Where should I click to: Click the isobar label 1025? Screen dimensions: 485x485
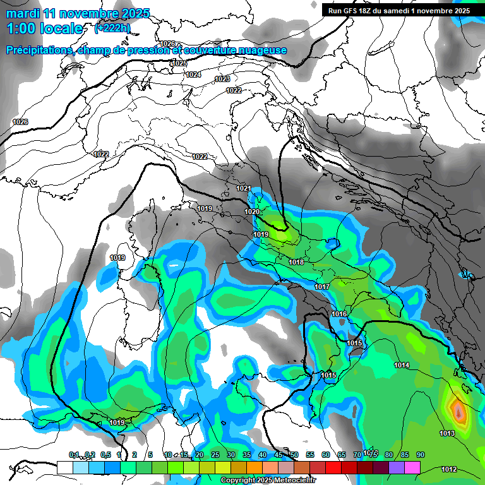tap(179, 63)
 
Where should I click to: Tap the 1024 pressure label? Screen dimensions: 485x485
tap(193, 75)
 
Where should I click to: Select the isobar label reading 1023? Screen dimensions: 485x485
tap(222, 79)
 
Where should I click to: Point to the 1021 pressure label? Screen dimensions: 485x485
tap(244, 189)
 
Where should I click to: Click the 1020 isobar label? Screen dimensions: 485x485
tap(252, 212)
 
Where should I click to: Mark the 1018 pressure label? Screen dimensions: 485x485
tap(296, 262)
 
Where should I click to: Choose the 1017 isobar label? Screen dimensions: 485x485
tap(322, 287)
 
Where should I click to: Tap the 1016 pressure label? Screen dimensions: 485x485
tap(339, 314)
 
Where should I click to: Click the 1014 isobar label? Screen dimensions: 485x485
tap(402, 366)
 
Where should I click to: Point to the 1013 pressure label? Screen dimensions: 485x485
tap(447, 433)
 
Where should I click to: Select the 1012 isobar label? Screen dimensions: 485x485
tap(449, 469)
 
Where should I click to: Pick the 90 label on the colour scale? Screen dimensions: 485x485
tap(421, 455)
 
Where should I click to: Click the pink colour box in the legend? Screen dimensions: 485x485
tap(412, 467)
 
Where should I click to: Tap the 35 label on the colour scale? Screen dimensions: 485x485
tap(247, 455)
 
